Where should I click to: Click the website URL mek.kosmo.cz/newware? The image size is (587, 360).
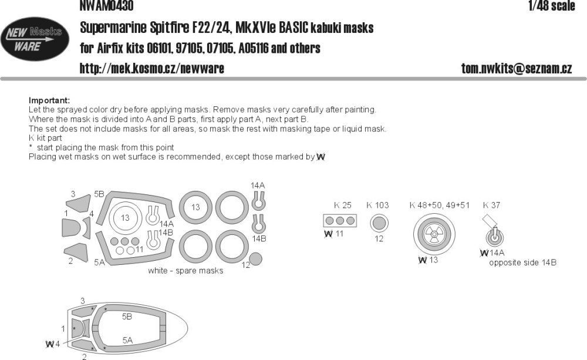(x=151, y=69)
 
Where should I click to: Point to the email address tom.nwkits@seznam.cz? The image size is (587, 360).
(x=516, y=69)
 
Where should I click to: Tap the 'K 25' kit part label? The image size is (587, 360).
(x=342, y=205)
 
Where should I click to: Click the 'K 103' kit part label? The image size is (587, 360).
(x=377, y=205)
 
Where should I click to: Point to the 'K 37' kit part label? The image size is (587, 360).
(x=491, y=205)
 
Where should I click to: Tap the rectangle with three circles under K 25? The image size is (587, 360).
(x=340, y=221)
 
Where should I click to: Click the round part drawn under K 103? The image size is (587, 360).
(x=379, y=224)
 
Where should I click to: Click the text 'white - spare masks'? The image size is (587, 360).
(x=186, y=271)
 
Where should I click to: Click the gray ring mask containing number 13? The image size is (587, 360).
(x=195, y=207)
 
